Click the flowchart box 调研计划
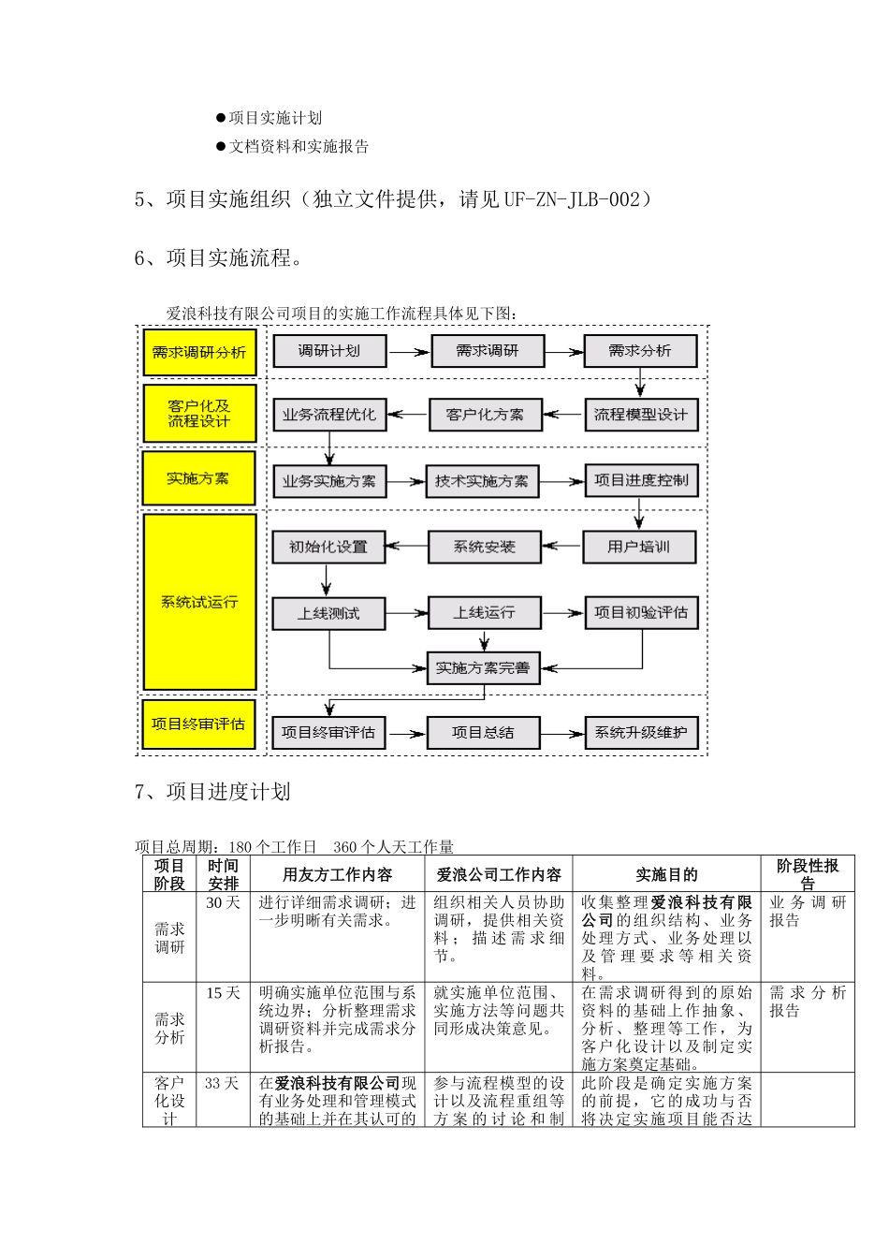[x=328, y=351]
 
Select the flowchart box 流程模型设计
[x=641, y=415]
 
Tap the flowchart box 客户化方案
[x=485, y=415]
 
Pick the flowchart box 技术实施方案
[x=482, y=481]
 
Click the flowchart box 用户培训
[x=639, y=547]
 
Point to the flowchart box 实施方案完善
[x=483, y=668]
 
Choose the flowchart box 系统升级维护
[x=641, y=733]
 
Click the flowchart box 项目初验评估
[x=641, y=613]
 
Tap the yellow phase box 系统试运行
[x=199, y=602]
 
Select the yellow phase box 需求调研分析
[x=199, y=353]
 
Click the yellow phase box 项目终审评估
[x=198, y=724]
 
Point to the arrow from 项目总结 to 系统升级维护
[x=562, y=734]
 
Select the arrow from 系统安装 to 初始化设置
[x=406, y=547]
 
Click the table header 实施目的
[x=666, y=875]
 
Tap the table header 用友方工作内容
[x=337, y=875]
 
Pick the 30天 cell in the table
[x=223, y=903]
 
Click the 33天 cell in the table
[x=223, y=1084]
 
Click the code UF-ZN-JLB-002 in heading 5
[x=572, y=199]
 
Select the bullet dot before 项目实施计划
[x=221, y=118]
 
